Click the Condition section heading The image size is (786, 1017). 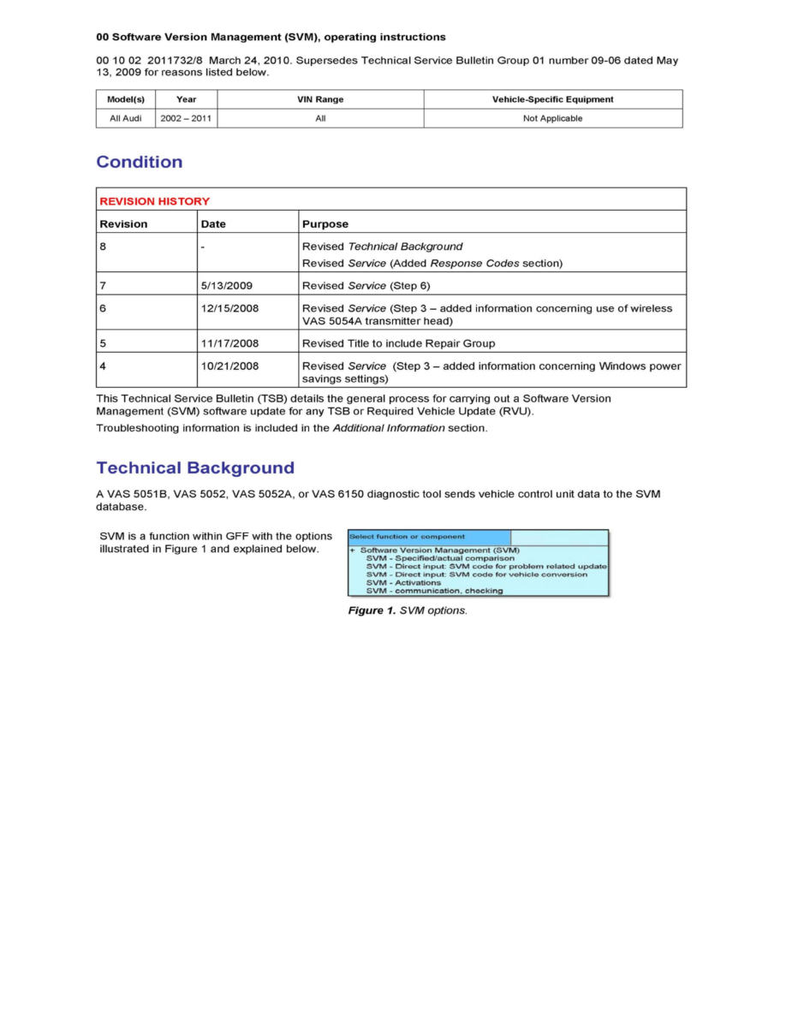pyautogui.click(x=139, y=162)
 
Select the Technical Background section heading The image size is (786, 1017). pyautogui.click(x=195, y=468)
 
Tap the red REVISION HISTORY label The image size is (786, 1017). pyautogui.click(x=154, y=201)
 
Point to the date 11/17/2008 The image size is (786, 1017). pyautogui.click(x=229, y=343)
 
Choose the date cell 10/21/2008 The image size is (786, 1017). pyautogui.click(x=229, y=366)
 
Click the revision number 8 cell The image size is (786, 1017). pyautogui.click(x=104, y=247)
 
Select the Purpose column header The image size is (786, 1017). pyautogui.click(x=325, y=224)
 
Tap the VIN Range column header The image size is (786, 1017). pyautogui.click(x=319, y=99)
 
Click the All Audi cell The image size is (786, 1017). pyautogui.click(x=125, y=118)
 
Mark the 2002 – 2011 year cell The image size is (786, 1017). pyautogui.click(x=186, y=118)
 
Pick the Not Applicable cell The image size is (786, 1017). pyautogui.click(x=552, y=118)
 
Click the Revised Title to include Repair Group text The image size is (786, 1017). pyautogui.click(x=398, y=343)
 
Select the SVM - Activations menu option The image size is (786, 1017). pyautogui.click(x=403, y=583)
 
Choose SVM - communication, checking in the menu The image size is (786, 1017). pyautogui.click(x=434, y=591)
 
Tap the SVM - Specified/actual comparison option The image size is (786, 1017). pyautogui.click(x=440, y=558)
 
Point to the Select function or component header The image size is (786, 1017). pyautogui.click(x=407, y=537)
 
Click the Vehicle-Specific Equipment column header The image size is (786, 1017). pyautogui.click(x=552, y=99)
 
